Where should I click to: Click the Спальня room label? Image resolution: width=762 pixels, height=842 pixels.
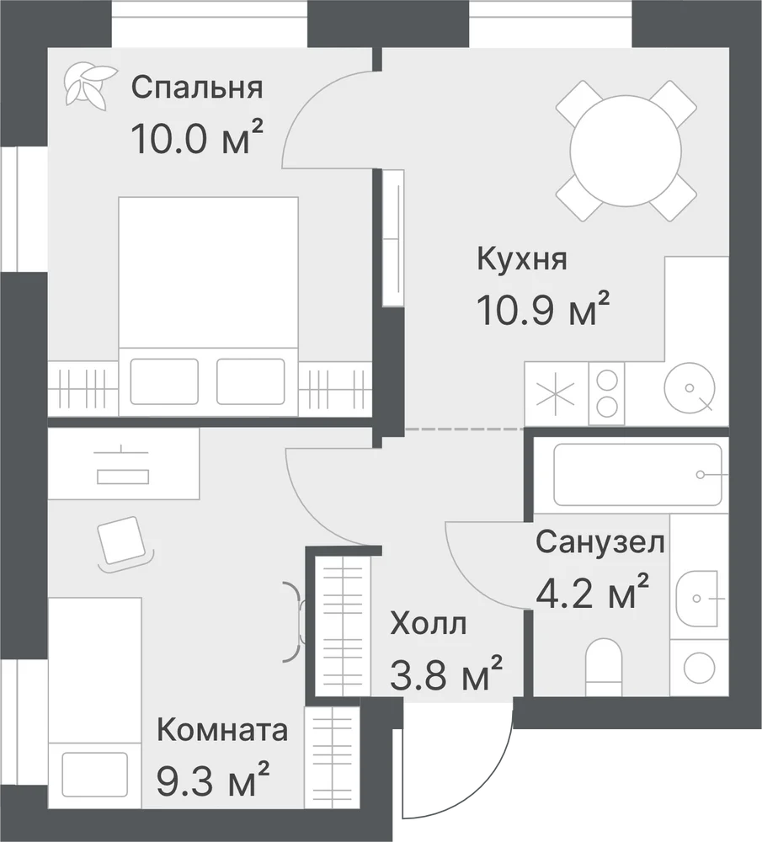197,88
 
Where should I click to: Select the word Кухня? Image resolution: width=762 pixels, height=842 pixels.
521,259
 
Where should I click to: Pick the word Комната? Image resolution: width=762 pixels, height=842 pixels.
222,730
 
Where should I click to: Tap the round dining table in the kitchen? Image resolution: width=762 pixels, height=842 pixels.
626,151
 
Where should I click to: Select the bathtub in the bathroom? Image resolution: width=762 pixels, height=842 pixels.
637,474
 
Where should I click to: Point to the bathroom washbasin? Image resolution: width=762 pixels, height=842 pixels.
696,598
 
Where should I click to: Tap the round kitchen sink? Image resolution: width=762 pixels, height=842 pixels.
690,387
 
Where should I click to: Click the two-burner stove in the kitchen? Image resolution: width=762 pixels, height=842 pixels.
607,393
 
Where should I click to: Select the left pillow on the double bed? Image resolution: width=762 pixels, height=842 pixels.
164,381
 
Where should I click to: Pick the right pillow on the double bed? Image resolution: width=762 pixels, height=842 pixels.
251,381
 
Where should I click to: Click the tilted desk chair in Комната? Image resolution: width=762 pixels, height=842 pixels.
123,541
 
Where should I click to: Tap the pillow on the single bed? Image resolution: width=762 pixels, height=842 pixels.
94,774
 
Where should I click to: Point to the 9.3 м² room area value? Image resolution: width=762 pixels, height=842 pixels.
213,779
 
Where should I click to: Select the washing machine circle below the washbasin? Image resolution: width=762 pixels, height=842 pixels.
699,668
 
